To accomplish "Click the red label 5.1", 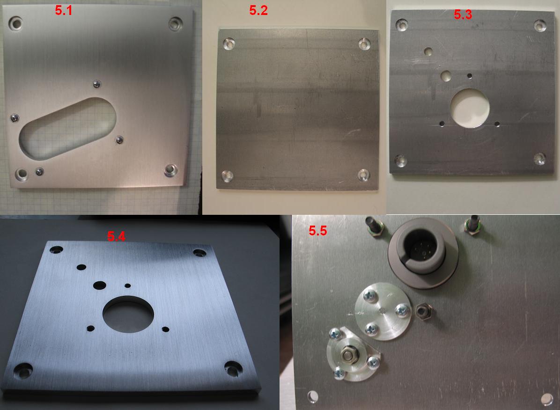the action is pos(63,11).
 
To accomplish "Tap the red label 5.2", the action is pos(258,11).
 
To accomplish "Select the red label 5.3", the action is pos(463,15).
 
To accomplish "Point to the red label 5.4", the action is pos(116,236).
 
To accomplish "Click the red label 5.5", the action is pos(318,231).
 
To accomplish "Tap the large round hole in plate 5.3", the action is pos(469,108).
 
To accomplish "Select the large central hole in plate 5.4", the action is pos(128,314).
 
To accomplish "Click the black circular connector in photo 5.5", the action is pos(424,253).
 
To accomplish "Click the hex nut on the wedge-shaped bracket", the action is pos(347,354).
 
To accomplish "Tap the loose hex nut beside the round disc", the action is pos(424,311).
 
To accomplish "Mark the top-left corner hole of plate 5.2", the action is pos(228,44).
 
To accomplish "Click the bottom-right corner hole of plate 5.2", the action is pos(363,175).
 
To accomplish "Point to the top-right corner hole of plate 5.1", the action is pos(176,23).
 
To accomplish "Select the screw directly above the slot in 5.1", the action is pos(96,84).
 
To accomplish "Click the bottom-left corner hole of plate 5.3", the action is pos(400,161).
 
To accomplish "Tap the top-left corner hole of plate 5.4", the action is pos(56,249).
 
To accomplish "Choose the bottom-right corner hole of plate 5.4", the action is pos(233,369).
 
